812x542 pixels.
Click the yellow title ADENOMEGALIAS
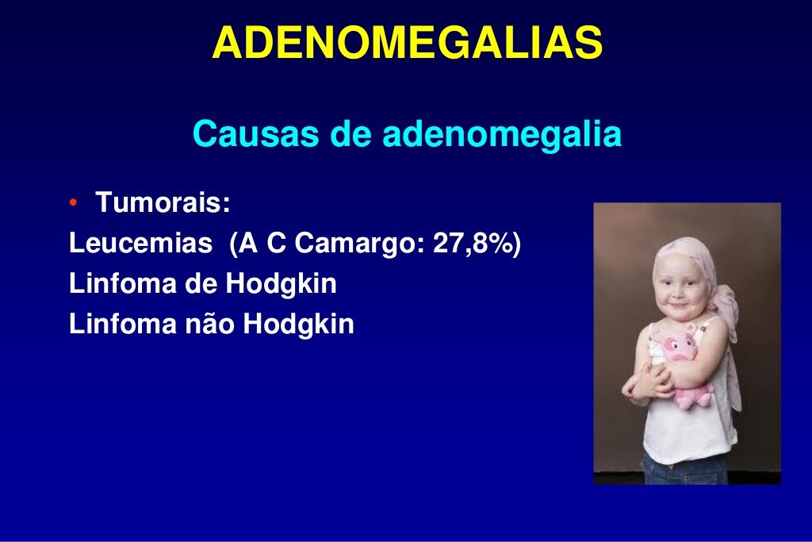(407, 44)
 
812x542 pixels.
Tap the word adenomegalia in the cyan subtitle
(502, 134)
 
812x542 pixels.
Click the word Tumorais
(163, 203)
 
